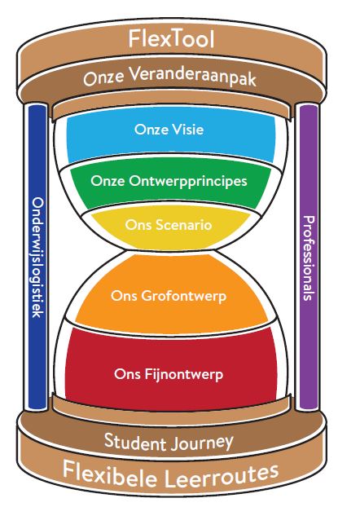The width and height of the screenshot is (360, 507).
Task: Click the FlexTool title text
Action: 171,39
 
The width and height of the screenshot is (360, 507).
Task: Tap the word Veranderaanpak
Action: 193,77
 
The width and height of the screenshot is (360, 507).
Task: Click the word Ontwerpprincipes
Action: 188,181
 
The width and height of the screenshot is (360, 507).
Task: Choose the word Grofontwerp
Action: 184,296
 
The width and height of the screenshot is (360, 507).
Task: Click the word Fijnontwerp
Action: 184,374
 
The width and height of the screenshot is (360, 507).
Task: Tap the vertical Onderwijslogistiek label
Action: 37,258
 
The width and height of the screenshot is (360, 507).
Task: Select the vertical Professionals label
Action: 309,258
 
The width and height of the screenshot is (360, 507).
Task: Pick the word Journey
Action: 201,443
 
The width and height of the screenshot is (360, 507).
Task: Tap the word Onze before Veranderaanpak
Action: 103,78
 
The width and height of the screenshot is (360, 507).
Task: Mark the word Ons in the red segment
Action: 128,374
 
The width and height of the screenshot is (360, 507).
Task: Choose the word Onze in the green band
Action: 108,181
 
